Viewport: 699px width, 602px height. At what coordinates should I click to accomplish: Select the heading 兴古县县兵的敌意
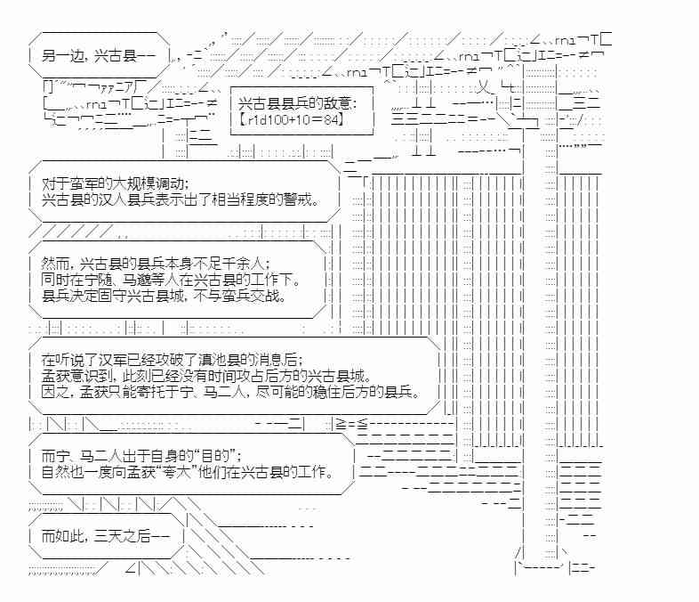click(x=292, y=103)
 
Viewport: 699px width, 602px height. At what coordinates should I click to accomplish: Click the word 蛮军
click(x=84, y=184)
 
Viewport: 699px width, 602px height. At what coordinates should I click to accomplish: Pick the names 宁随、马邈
click(x=115, y=281)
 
